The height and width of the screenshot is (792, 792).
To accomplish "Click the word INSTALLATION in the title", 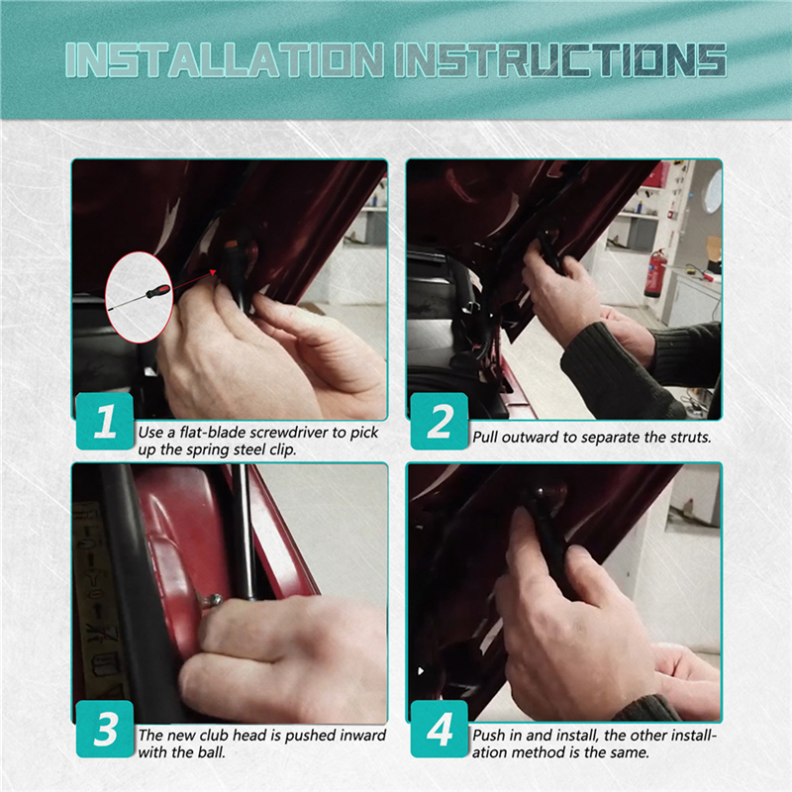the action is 225,60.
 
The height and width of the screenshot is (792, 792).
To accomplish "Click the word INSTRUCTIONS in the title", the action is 560,60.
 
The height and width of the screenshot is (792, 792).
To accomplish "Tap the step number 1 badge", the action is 105,422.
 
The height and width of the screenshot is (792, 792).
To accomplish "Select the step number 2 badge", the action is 440,422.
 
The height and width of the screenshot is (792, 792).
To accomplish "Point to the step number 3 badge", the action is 105,729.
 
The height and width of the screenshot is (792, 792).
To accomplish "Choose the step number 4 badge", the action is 440,729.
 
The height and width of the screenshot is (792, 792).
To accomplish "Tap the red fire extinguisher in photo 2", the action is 652,273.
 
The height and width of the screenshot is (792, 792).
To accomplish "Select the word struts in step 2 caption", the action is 690,437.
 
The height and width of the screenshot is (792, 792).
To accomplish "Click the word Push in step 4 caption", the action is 487,735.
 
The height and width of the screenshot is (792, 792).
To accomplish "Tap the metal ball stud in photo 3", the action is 213,601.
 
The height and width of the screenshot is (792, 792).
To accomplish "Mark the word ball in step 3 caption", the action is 211,752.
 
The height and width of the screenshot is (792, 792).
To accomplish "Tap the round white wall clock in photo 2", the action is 713,190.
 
